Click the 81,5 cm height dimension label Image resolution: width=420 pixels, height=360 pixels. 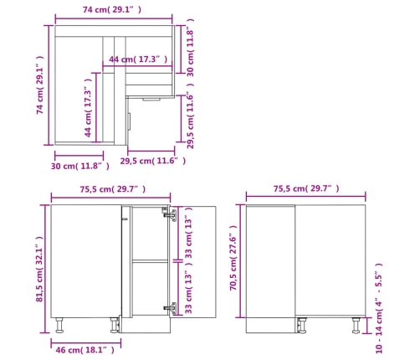point(39,269)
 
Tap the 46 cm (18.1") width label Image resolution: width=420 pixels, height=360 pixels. point(85,350)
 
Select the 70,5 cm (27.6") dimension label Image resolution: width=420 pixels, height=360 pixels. point(233,258)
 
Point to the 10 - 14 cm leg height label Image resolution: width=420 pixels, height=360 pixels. point(379,308)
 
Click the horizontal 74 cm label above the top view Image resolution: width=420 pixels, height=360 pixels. point(112,10)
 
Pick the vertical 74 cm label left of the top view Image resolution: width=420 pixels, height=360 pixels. point(40,85)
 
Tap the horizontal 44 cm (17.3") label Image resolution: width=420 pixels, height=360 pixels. point(138,59)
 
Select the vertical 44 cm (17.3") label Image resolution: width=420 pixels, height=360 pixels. point(88,108)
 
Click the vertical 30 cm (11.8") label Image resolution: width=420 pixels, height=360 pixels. point(190,48)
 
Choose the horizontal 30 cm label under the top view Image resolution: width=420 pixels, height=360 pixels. point(80,167)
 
